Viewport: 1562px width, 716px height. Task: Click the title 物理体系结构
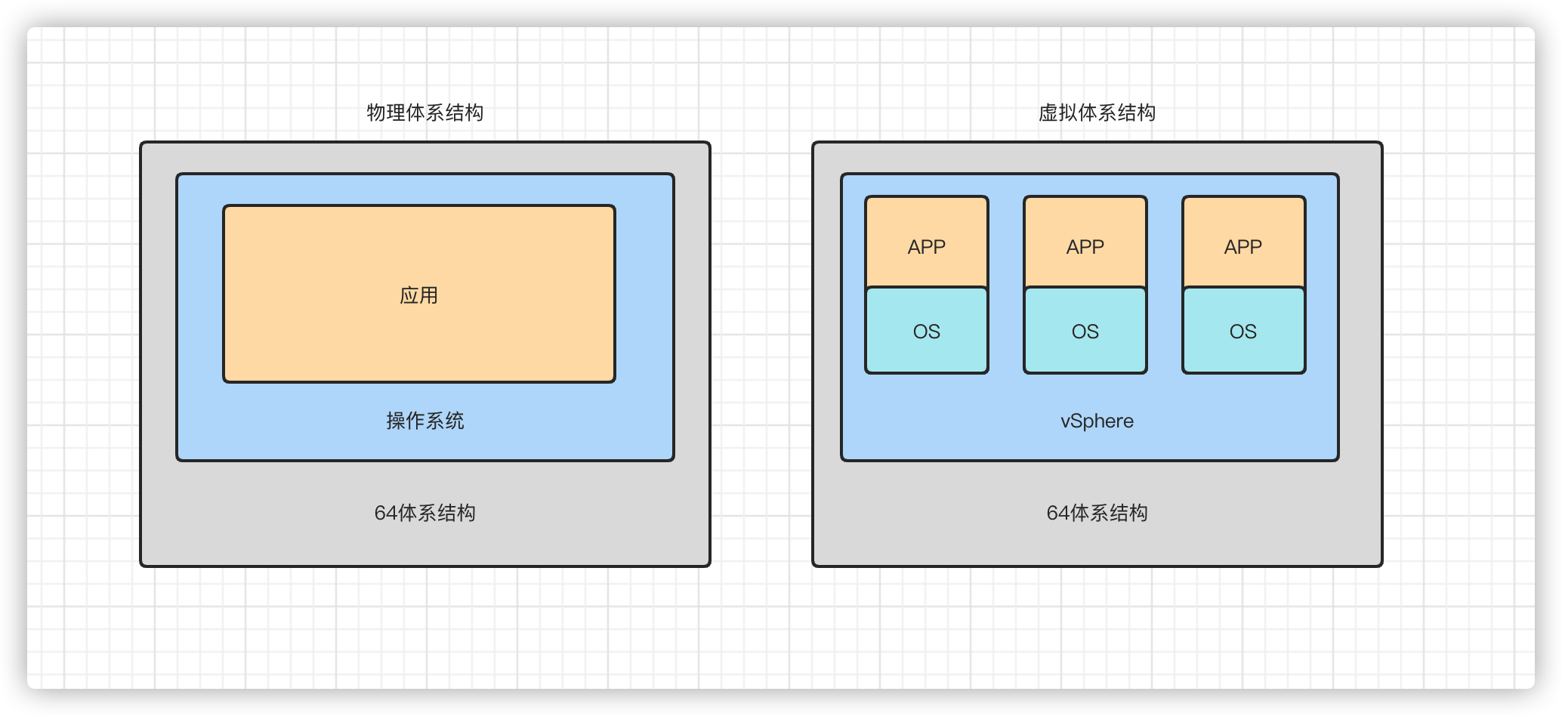click(x=424, y=113)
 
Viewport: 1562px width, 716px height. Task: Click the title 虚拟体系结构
click(x=1097, y=113)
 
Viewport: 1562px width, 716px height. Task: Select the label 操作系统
click(x=424, y=421)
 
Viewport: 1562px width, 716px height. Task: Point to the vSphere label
click(x=1097, y=421)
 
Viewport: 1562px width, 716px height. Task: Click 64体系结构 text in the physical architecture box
click(x=424, y=513)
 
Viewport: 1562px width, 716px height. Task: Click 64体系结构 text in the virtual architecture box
click(x=1097, y=513)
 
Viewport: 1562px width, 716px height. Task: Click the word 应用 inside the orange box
click(x=418, y=295)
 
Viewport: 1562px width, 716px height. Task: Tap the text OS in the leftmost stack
click(x=927, y=332)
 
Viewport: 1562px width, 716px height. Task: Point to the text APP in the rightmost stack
click(x=1243, y=247)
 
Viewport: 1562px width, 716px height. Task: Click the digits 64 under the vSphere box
click(x=1057, y=514)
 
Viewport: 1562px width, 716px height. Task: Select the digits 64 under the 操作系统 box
click(x=384, y=514)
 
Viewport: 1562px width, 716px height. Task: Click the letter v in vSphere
click(x=1065, y=421)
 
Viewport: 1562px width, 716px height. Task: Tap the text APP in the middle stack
click(x=1085, y=247)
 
